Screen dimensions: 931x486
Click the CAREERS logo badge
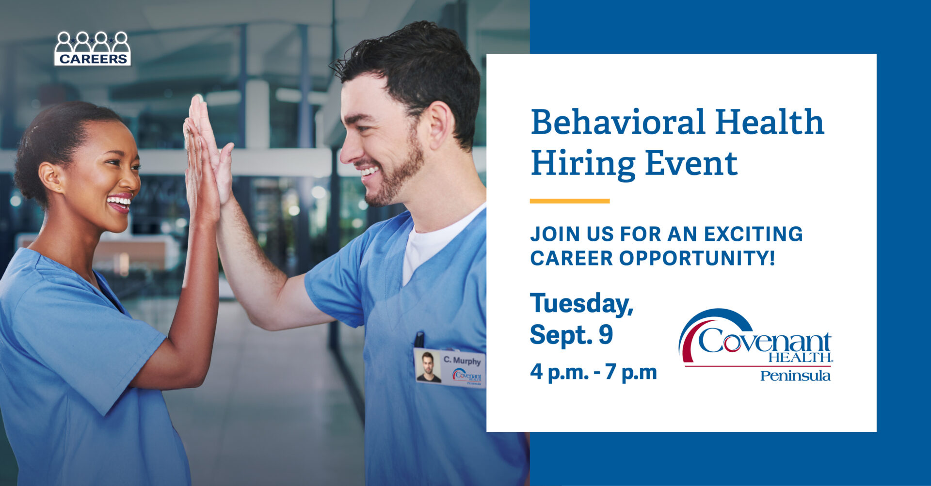[92, 48]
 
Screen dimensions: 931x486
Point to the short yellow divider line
[570, 201]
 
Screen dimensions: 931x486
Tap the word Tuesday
[582, 304]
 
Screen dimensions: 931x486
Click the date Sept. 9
[572, 335]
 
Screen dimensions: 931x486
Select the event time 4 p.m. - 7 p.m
[594, 372]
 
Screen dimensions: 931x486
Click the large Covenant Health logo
[755, 337]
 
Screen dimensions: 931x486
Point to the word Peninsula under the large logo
[795, 376]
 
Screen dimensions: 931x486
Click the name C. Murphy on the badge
[462, 361]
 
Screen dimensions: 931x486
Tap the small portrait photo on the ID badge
[428, 367]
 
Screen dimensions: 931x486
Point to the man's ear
[438, 125]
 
